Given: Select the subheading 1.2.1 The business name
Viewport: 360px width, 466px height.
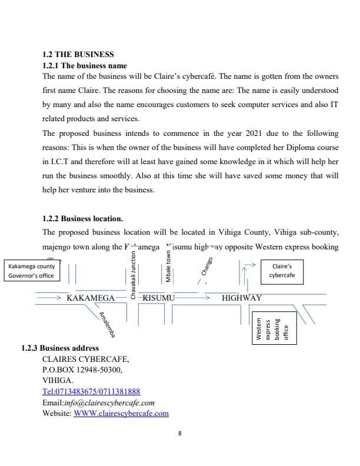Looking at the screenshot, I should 85,65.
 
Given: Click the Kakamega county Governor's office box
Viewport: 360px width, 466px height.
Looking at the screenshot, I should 32,271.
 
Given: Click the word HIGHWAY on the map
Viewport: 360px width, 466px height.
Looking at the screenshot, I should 242,298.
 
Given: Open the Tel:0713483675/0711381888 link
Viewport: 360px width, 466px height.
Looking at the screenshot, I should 91,391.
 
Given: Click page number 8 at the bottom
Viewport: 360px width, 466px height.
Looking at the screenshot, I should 180,434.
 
